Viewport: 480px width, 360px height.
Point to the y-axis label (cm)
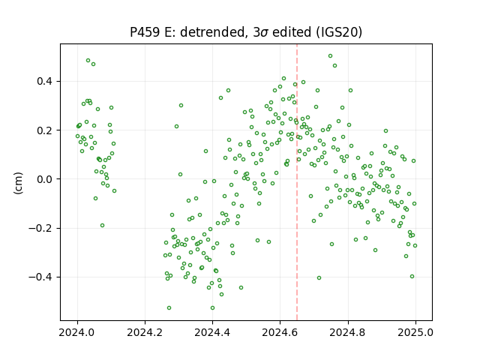point(18,183)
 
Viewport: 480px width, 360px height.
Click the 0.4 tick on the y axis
point(44,82)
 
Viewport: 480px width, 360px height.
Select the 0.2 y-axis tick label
point(44,130)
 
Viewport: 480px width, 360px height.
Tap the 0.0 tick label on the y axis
point(44,179)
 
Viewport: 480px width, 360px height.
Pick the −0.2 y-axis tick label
point(40,228)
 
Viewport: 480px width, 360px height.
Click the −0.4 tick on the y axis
point(40,277)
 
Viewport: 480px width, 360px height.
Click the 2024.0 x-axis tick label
point(77,332)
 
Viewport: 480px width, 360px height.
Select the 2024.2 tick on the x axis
point(145,332)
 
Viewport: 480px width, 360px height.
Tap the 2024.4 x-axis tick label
point(212,332)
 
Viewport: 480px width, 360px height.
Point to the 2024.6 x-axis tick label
point(280,332)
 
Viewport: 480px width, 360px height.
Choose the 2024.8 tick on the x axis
point(348,332)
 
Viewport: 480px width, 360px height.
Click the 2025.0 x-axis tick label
point(415,332)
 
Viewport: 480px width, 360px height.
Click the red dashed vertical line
point(297,182)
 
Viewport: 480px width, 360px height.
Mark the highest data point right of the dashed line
point(330,56)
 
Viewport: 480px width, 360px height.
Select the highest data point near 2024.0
point(88,61)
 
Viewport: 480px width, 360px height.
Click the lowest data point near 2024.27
point(169,308)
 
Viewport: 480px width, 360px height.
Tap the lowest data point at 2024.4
point(212,308)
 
